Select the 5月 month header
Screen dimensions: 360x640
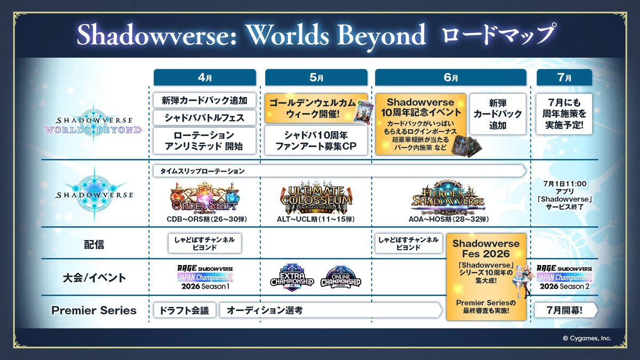(x=316, y=77)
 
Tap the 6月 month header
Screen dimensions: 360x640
(x=451, y=77)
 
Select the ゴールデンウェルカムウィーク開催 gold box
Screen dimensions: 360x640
(x=316, y=107)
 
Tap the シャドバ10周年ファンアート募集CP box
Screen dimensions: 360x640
(x=316, y=140)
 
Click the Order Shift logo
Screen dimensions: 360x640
(x=204, y=197)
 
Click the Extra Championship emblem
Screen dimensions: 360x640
(x=292, y=277)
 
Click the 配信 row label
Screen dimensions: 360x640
(x=94, y=244)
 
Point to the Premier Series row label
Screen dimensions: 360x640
(x=94, y=310)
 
